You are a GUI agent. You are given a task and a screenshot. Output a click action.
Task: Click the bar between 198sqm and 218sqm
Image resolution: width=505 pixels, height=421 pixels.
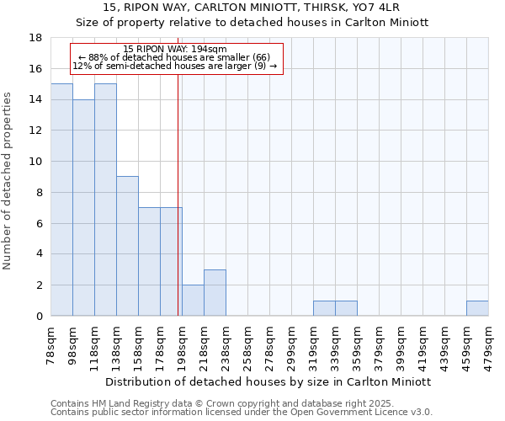(x=193, y=301)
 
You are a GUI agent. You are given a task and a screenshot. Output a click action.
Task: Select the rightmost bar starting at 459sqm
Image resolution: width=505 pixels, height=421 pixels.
(x=477, y=308)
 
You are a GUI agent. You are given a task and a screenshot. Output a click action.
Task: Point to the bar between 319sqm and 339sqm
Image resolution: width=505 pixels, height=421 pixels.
(x=324, y=308)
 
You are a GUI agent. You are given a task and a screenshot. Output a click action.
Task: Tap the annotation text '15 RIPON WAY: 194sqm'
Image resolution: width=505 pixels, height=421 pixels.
(x=174, y=50)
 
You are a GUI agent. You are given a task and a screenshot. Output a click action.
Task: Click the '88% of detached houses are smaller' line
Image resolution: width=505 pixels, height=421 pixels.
(x=174, y=57)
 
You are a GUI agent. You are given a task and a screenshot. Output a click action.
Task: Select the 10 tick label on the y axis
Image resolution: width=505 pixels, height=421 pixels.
(x=36, y=162)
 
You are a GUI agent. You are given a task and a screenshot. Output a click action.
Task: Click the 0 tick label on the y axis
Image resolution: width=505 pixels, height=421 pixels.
(x=40, y=317)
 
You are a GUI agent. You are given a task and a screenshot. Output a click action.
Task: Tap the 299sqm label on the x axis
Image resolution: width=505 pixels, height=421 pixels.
(x=291, y=345)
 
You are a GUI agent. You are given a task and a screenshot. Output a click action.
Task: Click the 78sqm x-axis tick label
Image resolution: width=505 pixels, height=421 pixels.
(x=50, y=345)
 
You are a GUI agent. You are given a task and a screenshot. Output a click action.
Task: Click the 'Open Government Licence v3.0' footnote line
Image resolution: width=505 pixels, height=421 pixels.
(x=242, y=412)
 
